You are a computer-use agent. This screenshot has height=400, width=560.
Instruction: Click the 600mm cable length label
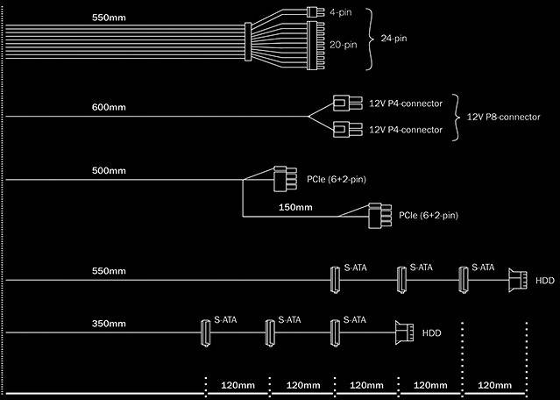[109, 107]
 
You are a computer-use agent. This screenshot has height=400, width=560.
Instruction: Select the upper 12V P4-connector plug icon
[344, 104]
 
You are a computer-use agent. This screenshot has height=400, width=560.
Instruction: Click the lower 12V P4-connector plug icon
[344, 130]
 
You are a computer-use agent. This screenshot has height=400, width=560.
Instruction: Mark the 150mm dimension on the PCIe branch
[294, 207]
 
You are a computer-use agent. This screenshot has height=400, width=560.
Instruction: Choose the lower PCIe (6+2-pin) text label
[429, 215]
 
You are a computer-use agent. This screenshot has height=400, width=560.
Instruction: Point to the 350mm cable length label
[109, 324]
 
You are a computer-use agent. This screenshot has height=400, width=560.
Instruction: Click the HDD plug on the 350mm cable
[404, 332]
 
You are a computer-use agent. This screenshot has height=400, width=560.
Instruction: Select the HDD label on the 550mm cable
[544, 281]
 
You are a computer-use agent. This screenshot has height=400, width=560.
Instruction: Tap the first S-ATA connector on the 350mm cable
[202, 332]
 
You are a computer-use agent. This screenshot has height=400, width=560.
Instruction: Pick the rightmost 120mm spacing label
[494, 385]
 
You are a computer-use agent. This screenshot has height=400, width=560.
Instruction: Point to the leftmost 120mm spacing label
[237, 385]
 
